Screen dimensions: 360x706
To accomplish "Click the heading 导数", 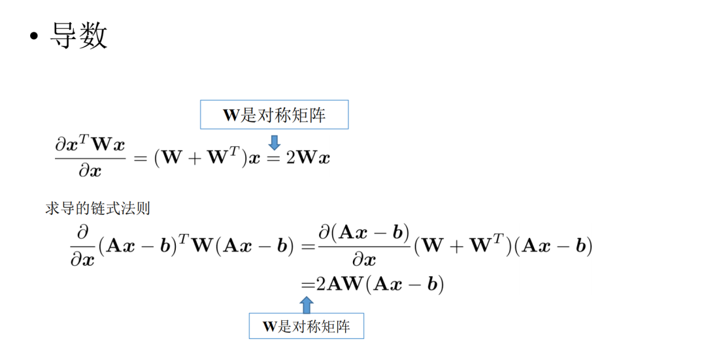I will pyautogui.click(x=79, y=36).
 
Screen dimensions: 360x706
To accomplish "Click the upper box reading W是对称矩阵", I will pyautogui.click(x=274, y=115).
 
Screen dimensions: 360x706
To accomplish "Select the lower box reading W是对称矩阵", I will pyautogui.click(x=306, y=326).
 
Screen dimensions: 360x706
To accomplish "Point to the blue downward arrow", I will pyautogui.click(x=275, y=142).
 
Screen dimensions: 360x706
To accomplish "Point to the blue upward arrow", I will pyautogui.click(x=306, y=304).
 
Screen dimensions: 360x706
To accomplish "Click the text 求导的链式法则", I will pyautogui.click(x=97, y=208).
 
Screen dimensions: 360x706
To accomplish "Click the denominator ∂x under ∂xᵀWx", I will pyautogui.click(x=90, y=171).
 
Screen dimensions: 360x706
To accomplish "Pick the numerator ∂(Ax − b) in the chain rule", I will pyautogui.click(x=363, y=231).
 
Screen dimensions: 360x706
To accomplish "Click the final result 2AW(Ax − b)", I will pyautogui.click(x=380, y=284).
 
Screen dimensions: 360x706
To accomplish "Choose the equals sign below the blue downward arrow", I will pyautogui.click(x=274, y=158).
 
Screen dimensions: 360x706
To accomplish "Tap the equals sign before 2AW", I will pyautogui.click(x=308, y=284).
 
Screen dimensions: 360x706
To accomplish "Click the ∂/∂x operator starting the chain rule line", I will pyautogui.click(x=82, y=246).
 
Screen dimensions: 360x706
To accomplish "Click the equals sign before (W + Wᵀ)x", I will pyautogui.click(x=139, y=159).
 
